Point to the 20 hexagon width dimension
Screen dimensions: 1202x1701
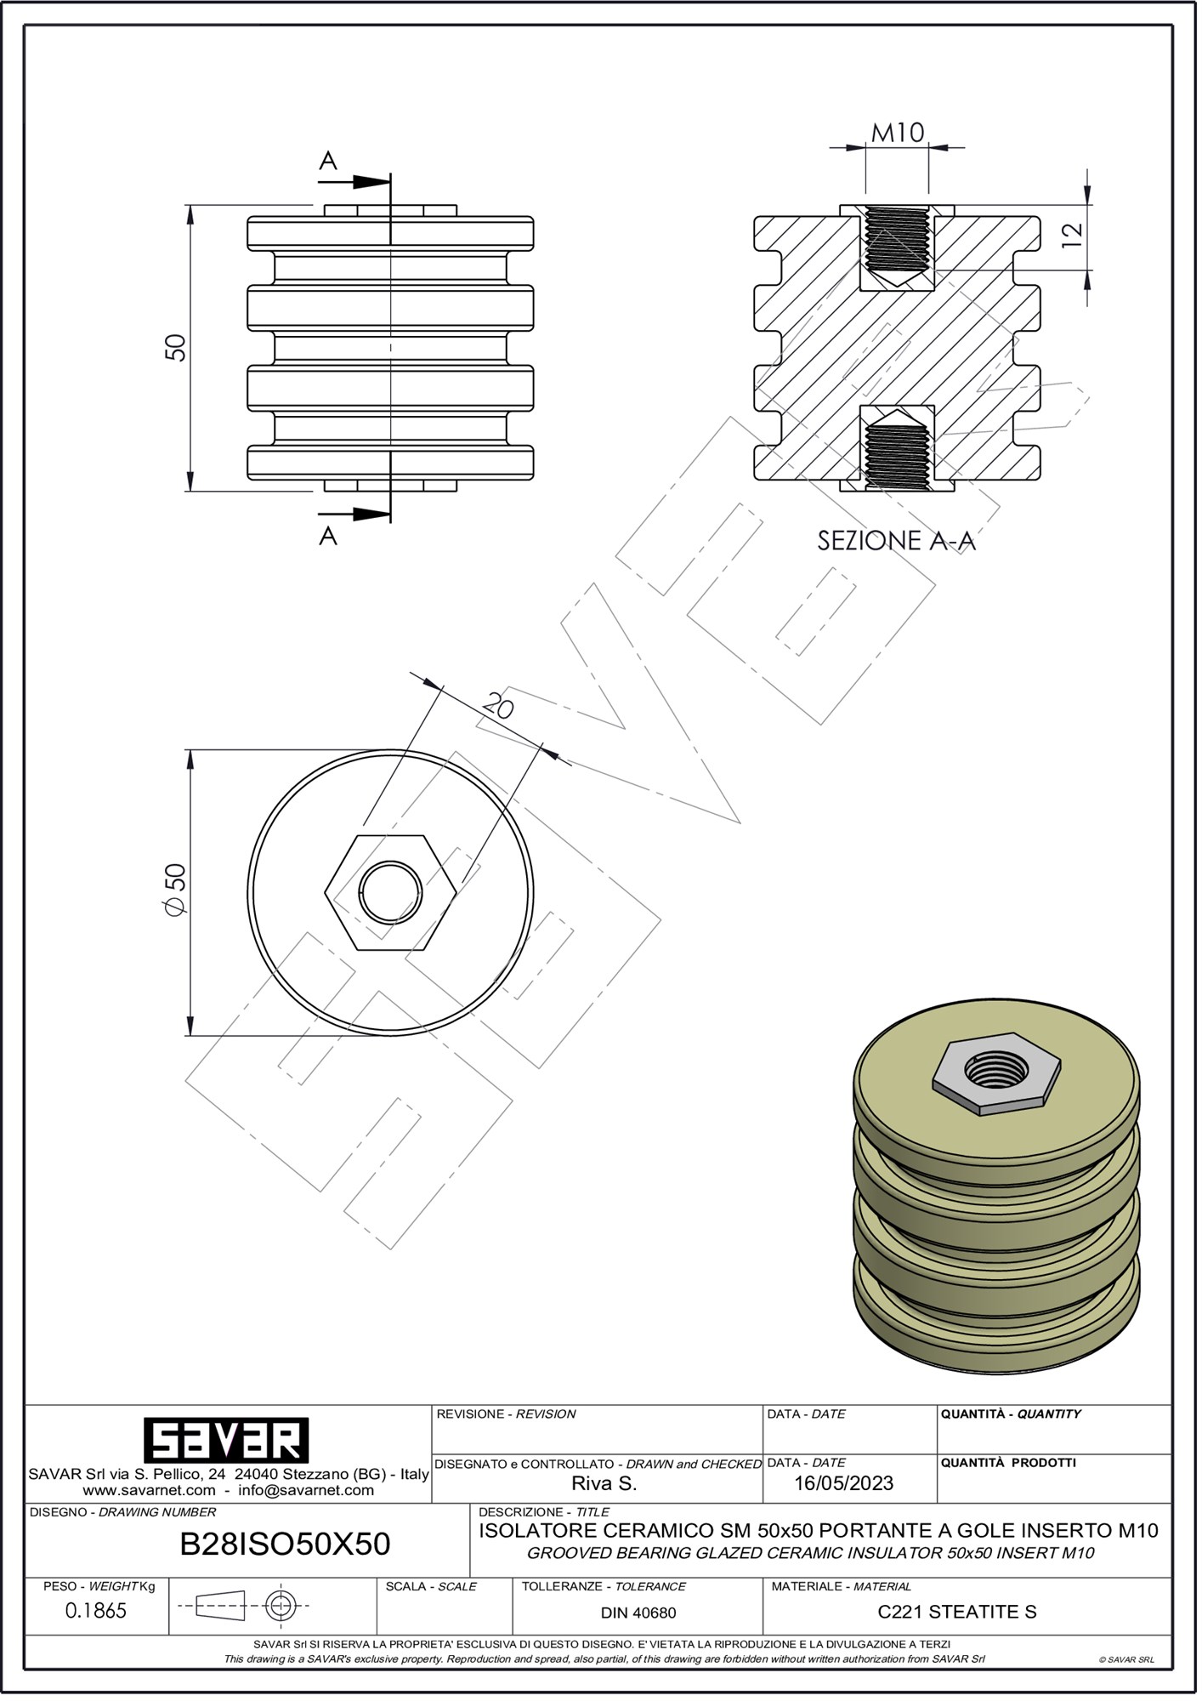pos(498,705)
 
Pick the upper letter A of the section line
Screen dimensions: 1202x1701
pos(328,160)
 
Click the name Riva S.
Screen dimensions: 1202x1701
pos(604,1484)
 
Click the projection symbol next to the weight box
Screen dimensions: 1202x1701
pos(243,1607)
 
